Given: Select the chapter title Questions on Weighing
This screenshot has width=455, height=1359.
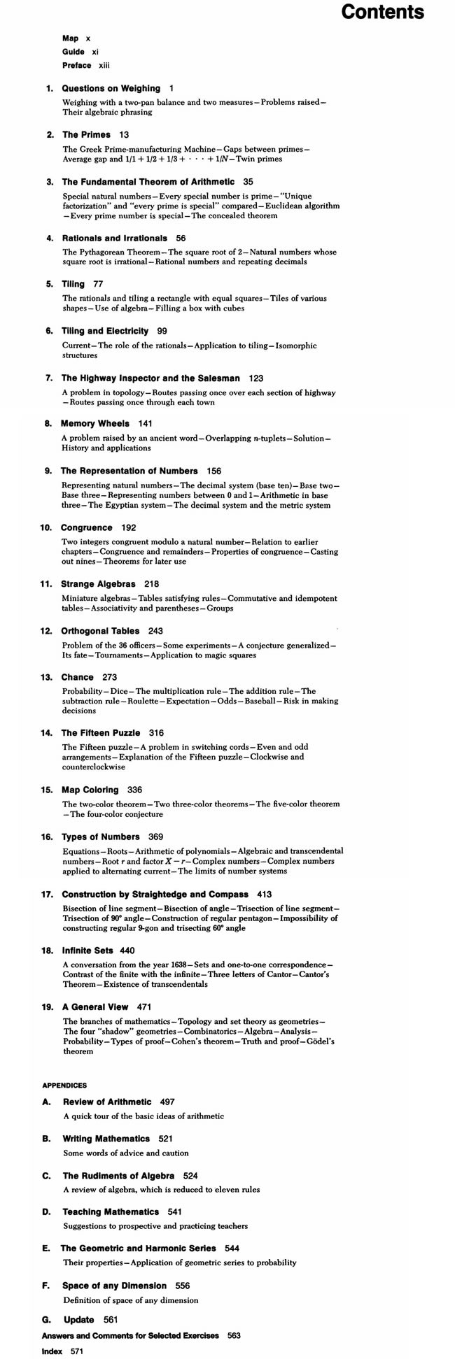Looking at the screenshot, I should [111, 89].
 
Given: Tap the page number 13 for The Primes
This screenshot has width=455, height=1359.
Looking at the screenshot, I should [124, 134].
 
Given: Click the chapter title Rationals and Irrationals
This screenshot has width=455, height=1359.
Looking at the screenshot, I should [115, 238].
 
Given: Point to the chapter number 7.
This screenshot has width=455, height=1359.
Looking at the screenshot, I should [49, 378].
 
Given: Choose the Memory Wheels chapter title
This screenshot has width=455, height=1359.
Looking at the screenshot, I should [95, 423].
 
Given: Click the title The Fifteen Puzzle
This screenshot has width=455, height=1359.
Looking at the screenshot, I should [101, 733].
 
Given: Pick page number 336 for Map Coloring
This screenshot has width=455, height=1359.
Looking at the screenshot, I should [134, 790].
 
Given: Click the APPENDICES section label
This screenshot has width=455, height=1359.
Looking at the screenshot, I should [64, 1086].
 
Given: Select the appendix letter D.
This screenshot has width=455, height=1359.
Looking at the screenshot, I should [47, 1211].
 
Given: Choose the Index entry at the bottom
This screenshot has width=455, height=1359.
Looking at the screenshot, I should [52, 1352].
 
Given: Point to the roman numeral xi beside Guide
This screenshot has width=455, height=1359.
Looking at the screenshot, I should [96, 52].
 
